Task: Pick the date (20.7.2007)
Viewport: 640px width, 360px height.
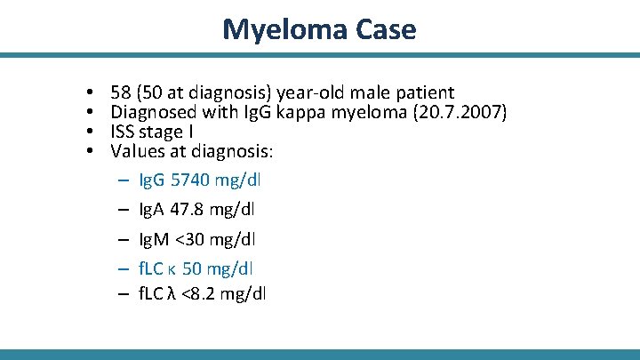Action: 459,113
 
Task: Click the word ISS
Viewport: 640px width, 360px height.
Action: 123,132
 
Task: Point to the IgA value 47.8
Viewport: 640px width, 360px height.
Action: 188,210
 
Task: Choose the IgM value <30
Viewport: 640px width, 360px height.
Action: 191,239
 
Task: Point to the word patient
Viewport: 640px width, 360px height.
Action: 424,93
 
